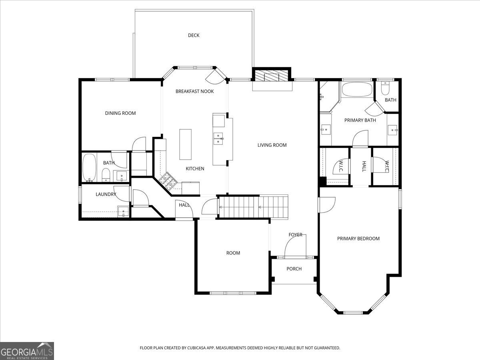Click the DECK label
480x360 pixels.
pyautogui.click(x=194, y=35)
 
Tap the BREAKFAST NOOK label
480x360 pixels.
pyautogui.click(x=194, y=91)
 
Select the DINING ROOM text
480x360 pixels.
pyautogui.click(x=120, y=113)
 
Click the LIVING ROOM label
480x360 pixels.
pyautogui.click(x=272, y=145)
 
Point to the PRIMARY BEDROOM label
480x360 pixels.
pyautogui.click(x=358, y=238)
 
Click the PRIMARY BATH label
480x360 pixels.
pyautogui.click(x=360, y=120)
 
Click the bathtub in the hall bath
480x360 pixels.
pyautogui.click(x=89, y=168)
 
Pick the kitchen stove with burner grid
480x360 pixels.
pyautogui.click(x=168, y=180)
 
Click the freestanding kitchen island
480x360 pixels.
pyautogui.click(x=185, y=144)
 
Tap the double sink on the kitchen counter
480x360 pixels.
pyautogui.click(x=218, y=138)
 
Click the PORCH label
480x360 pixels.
pyautogui.click(x=294, y=269)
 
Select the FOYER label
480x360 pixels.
pyautogui.click(x=295, y=235)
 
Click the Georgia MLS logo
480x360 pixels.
pyautogui.click(x=27, y=351)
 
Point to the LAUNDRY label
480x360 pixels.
pyautogui.click(x=106, y=194)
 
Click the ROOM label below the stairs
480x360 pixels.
pyautogui.click(x=233, y=253)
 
